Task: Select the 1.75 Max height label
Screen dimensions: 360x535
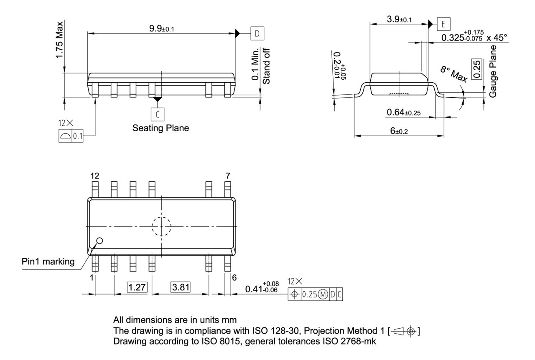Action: (61, 41)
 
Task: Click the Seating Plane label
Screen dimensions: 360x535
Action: (160, 128)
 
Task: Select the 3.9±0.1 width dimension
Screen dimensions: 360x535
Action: (400, 20)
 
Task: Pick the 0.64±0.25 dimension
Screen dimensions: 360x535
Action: (403, 113)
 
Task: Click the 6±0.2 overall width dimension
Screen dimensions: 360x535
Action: (399, 131)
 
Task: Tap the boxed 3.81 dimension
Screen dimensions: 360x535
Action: (180, 287)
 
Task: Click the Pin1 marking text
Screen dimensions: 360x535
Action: (48, 262)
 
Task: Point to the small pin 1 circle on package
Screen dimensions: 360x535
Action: (100, 241)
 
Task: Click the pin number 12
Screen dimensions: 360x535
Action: (95, 176)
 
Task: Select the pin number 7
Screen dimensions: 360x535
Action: (227, 176)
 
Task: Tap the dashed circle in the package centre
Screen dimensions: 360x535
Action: (161, 227)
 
